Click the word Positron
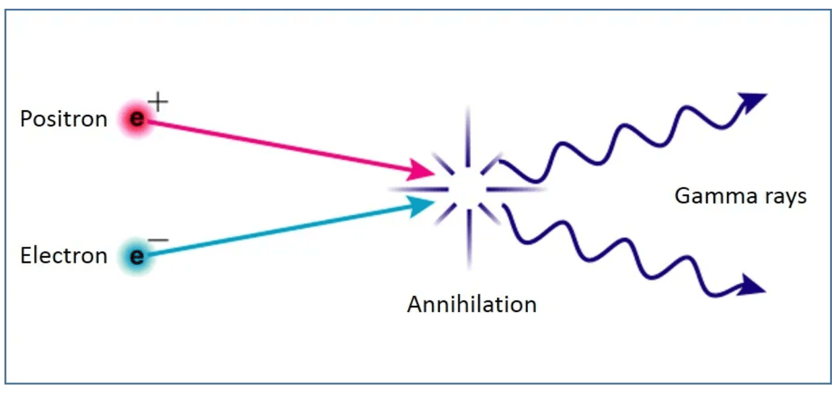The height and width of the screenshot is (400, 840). point(63,119)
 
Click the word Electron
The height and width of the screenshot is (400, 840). point(64,256)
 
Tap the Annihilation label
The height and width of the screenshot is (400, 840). point(471,305)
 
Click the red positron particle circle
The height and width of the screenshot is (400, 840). point(137,120)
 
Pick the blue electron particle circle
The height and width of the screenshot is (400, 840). point(137,256)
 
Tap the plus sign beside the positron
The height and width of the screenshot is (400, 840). point(158,103)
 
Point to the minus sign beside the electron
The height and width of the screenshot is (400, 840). point(158,240)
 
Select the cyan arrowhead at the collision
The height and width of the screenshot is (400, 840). point(423,205)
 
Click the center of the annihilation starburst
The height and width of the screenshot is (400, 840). point(468,189)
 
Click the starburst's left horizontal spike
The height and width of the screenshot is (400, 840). point(410,189)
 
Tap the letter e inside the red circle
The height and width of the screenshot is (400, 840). point(137,120)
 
